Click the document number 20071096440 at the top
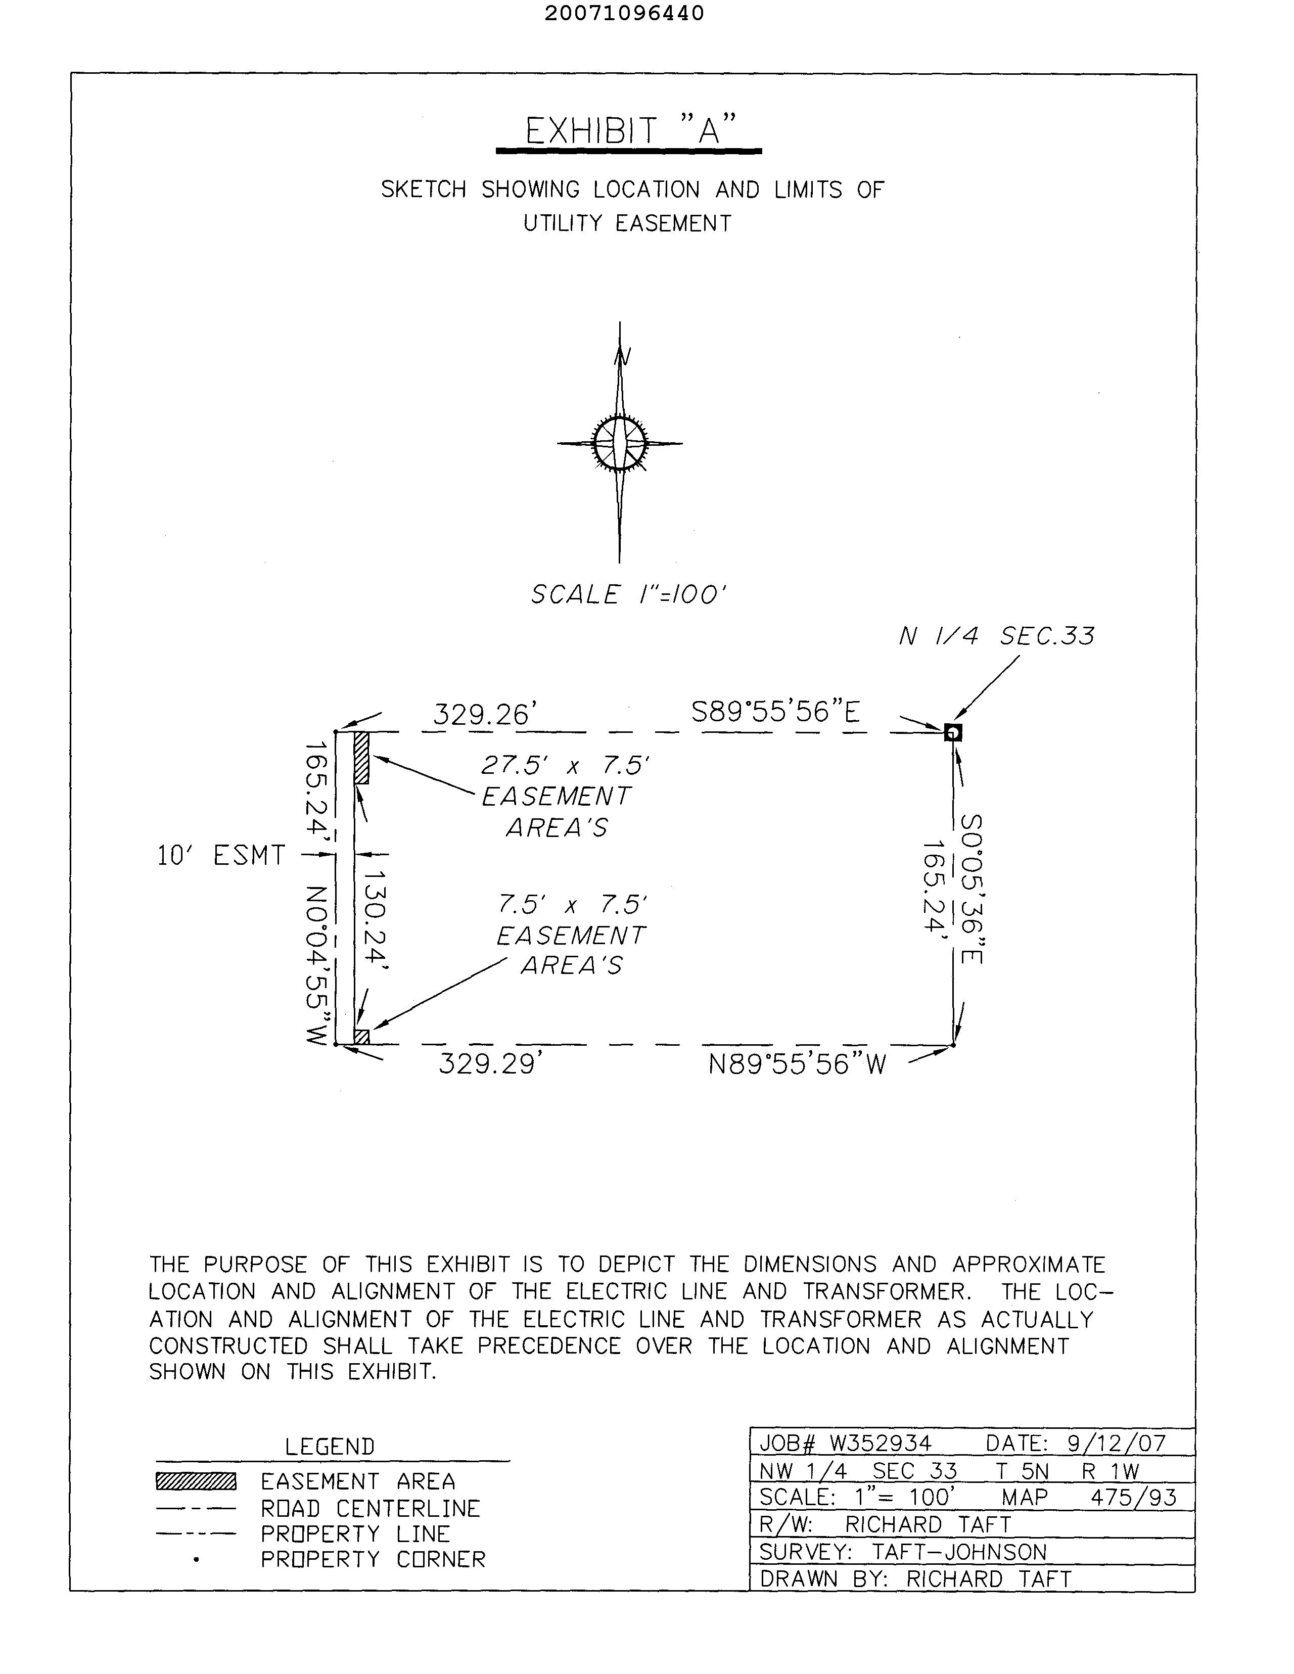coord(624,14)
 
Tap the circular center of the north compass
coord(619,443)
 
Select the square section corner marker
coord(953,733)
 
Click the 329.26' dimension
coord(481,714)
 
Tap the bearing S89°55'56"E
coord(776,713)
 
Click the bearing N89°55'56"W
coord(797,1064)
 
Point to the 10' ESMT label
coord(221,855)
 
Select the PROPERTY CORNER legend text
coord(373,1560)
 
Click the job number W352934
coord(880,1444)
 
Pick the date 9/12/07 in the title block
coord(1116,1444)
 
